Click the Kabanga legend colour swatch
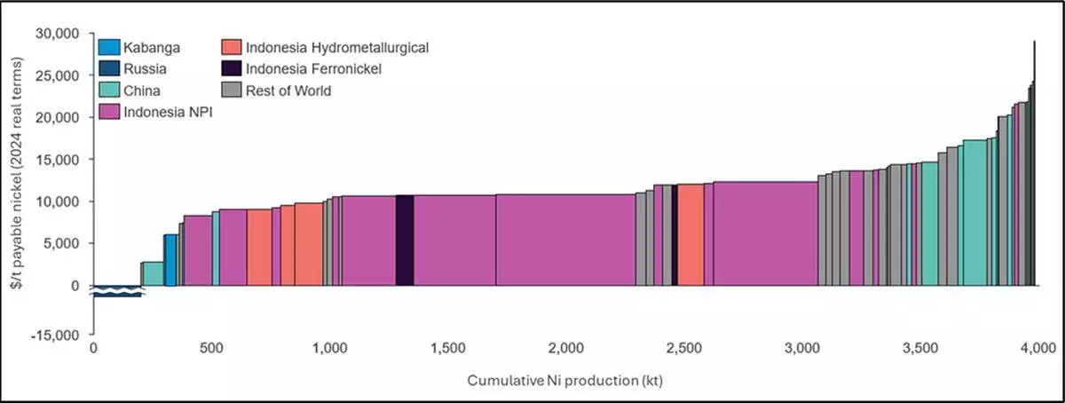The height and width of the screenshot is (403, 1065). pos(109,46)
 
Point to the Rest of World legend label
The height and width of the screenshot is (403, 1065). pos(288,90)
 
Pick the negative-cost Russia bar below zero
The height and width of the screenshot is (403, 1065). pos(117,291)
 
